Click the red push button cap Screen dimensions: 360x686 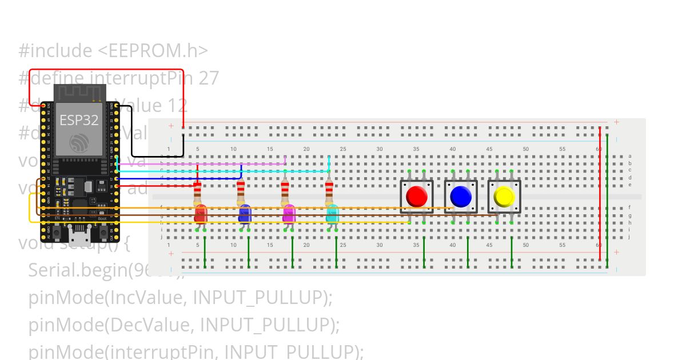416,196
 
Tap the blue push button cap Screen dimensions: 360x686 460,196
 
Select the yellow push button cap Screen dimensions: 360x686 504,197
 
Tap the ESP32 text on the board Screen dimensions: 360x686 79,120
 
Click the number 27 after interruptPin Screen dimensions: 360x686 209,78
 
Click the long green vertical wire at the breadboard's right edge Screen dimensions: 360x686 608,194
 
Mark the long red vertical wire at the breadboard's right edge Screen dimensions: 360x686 600,194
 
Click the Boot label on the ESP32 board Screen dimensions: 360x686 102,218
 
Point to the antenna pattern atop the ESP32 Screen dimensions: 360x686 80,92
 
